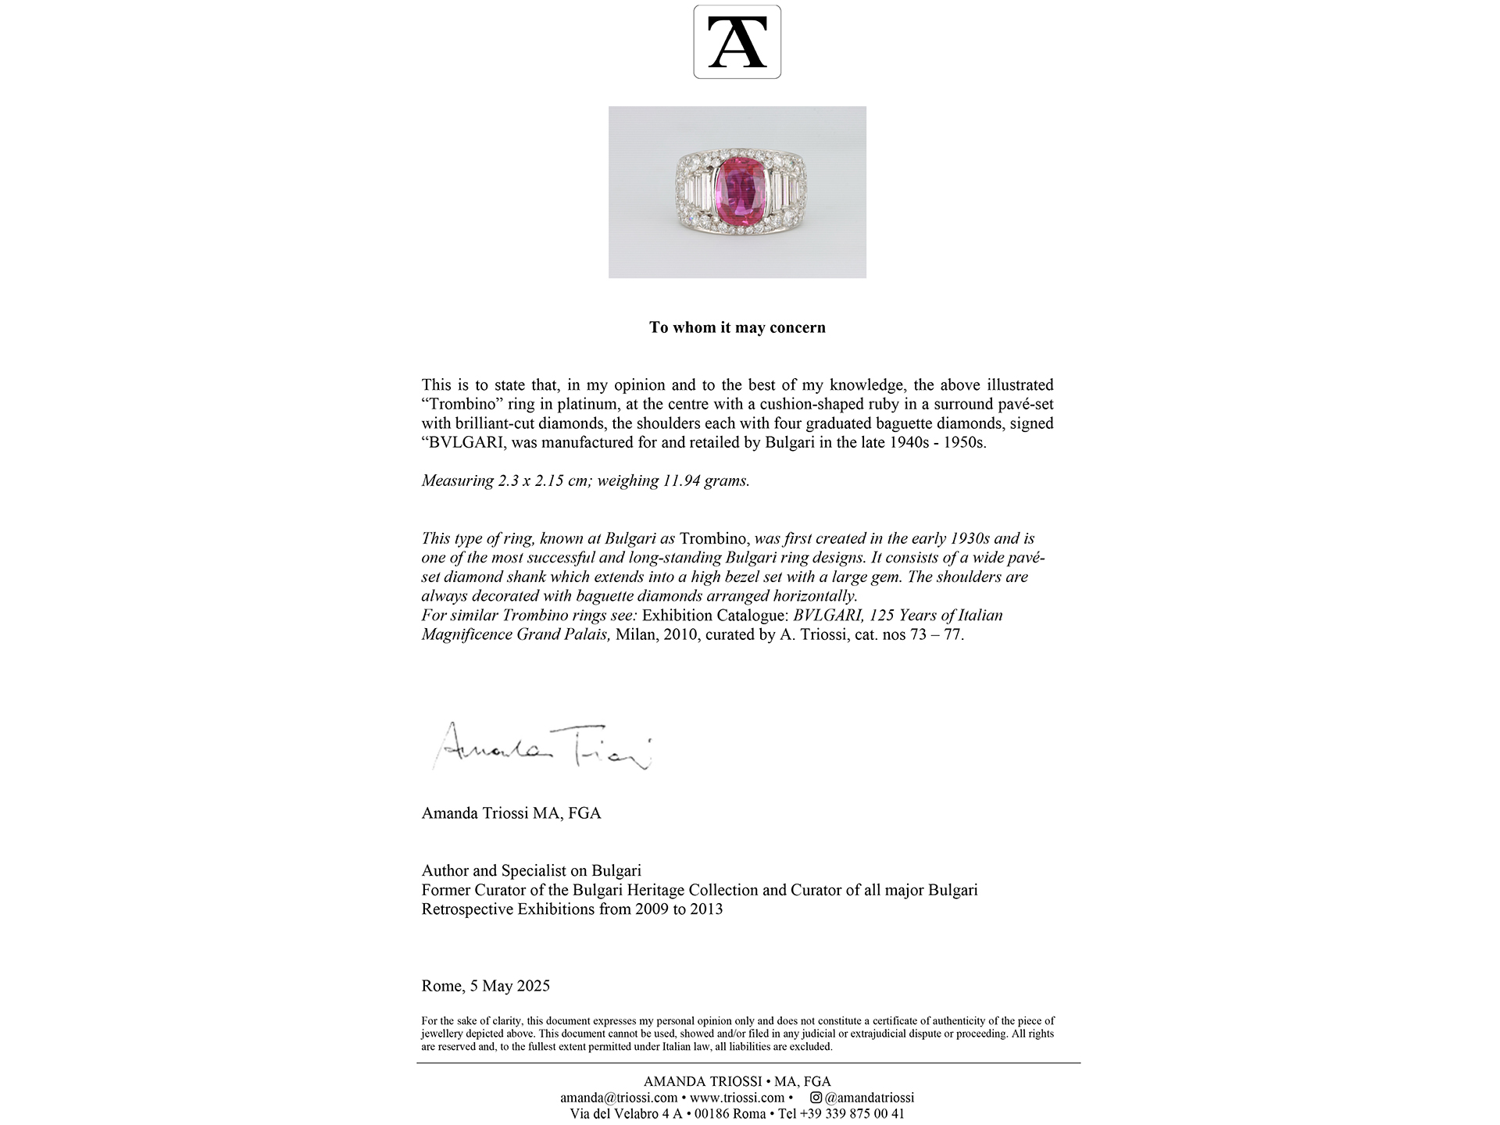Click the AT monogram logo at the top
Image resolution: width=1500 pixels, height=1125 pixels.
[x=737, y=42]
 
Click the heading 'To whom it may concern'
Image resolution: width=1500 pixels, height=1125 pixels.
[x=737, y=327]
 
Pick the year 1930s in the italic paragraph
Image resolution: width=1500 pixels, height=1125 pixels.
[x=970, y=538]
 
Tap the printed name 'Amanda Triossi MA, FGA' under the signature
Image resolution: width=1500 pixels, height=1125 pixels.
[x=511, y=813]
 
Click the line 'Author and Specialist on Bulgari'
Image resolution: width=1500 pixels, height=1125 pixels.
[x=531, y=870]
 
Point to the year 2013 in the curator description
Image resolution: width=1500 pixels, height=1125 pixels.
[x=705, y=909]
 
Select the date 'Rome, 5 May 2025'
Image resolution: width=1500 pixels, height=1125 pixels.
[x=485, y=986]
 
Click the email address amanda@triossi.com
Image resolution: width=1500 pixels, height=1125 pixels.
[x=619, y=1098]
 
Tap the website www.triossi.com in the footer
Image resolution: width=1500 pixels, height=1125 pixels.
[x=737, y=1098]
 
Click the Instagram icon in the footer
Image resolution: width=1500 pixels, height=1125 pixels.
[x=816, y=1098]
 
